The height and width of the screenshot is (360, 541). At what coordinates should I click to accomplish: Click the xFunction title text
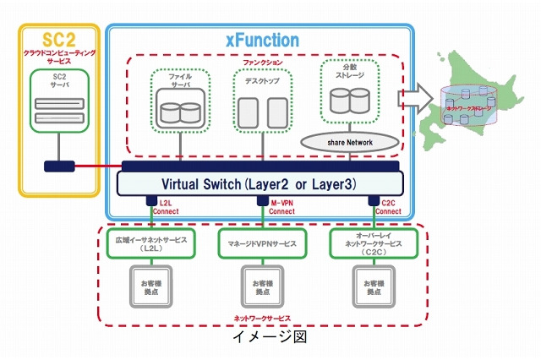(261, 40)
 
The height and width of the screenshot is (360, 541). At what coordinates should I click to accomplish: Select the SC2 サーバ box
(58, 100)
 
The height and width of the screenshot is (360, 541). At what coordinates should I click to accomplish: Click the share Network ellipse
(348, 142)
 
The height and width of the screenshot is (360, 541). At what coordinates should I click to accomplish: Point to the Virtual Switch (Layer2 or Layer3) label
(262, 183)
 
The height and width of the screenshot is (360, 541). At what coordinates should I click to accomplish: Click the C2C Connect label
(385, 207)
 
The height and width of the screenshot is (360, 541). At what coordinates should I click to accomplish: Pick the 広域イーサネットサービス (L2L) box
(150, 243)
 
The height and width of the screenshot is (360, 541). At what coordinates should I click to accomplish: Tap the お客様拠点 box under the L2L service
(150, 286)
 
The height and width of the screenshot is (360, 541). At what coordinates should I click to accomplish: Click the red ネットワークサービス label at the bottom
(262, 319)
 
